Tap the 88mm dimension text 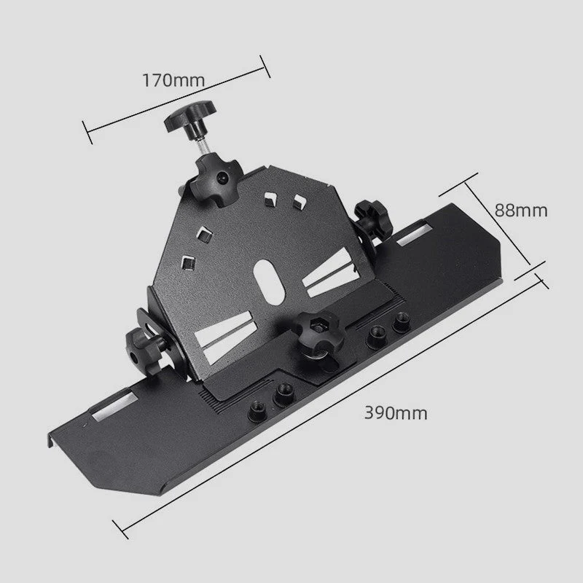(x=520, y=210)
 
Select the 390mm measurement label (x=396, y=413)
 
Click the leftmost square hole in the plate (x=188, y=261)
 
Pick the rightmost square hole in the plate (x=298, y=197)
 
